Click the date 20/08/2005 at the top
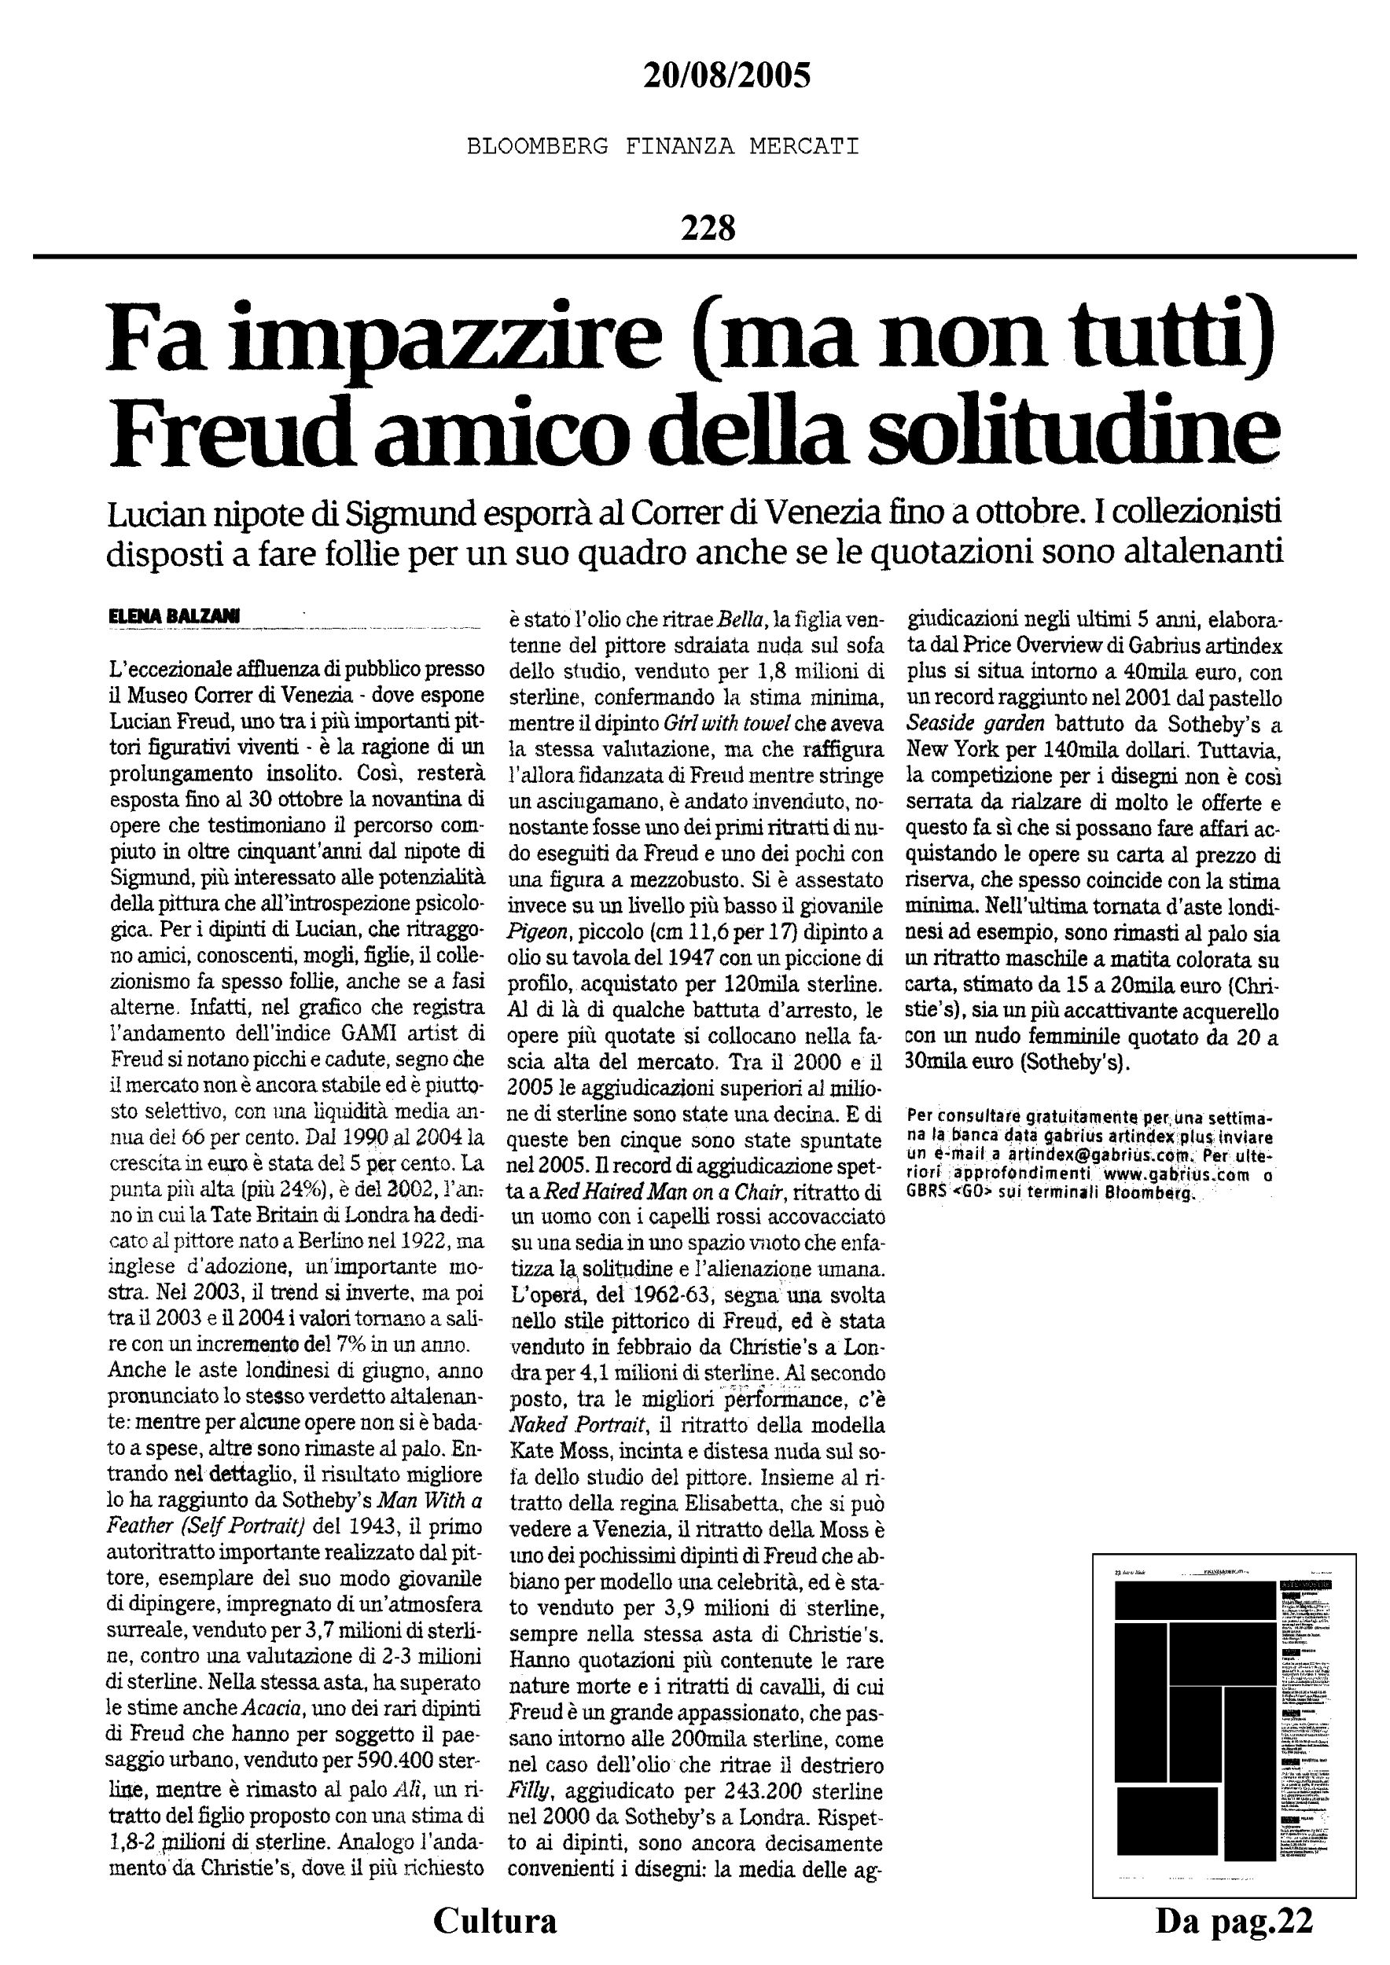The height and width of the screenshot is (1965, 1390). click(726, 77)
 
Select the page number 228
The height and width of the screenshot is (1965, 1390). click(708, 229)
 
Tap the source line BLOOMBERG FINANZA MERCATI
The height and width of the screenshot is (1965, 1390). click(663, 147)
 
